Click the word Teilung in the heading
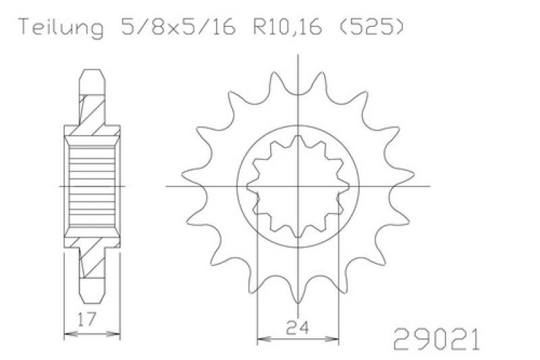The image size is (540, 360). pos(61,27)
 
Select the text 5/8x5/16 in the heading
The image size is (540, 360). pos(178,26)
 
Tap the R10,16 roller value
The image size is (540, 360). pos(288,27)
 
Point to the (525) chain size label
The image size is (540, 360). pos(368,26)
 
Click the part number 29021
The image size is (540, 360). pos(436,339)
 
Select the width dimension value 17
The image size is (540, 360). pos(86,319)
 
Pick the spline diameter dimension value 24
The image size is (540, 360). pos(297,328)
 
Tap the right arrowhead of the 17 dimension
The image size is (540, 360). pos(114,334)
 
